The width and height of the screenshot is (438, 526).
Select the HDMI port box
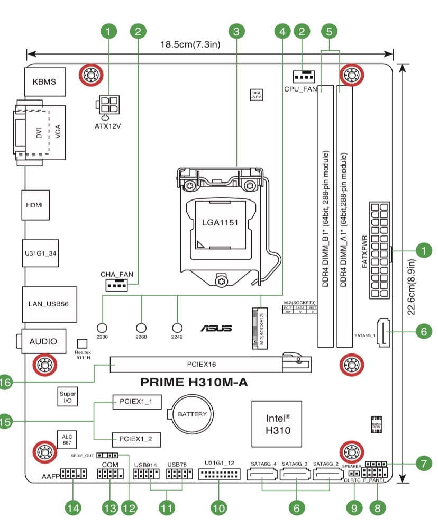[x=36, y=205]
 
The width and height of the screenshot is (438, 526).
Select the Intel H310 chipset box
[x=278, y=423]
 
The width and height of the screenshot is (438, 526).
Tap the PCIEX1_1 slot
[x=136, y=403]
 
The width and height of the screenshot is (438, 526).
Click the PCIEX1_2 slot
[x=136, y=439]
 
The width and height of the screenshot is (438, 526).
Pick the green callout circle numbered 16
[x=4, y=383]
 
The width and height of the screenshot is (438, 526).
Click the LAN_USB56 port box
[x=49, y=304]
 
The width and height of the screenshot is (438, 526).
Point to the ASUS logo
[x=216, y=329]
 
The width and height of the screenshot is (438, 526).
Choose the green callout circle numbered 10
[x=218, y=508]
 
